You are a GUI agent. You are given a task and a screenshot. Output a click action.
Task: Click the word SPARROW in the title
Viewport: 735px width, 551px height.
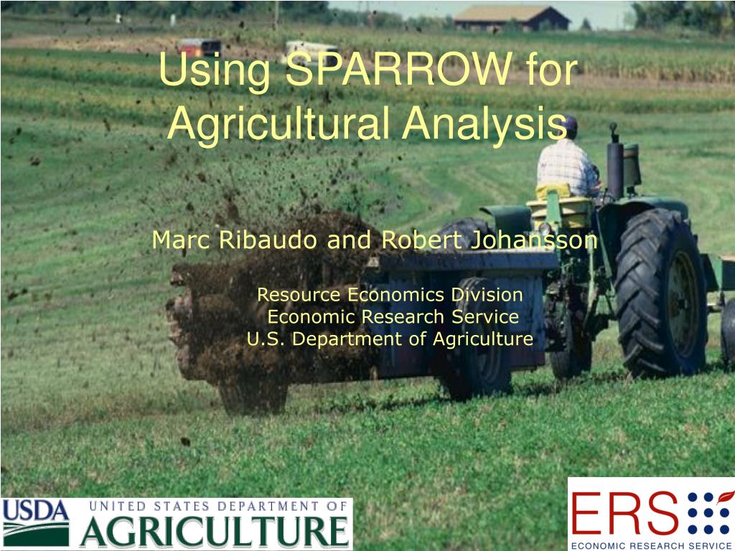(399, 69)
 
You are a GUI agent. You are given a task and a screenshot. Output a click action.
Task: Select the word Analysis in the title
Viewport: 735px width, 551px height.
(484, 123)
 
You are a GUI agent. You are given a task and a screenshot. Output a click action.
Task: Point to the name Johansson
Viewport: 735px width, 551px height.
(533, 240)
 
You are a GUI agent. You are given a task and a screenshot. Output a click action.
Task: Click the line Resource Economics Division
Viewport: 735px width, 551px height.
(390, 295)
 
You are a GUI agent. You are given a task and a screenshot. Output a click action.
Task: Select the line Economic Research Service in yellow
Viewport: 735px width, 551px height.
(393, 316)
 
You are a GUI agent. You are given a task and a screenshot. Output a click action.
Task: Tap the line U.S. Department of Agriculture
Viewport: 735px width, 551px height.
(390, 339)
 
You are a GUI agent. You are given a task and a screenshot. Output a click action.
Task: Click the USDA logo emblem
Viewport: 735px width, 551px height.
(36, 523)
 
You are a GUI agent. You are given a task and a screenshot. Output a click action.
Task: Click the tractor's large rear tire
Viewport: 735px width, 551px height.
(661, 293)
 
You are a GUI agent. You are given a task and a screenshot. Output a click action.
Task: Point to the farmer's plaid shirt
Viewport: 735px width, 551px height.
(567, 166)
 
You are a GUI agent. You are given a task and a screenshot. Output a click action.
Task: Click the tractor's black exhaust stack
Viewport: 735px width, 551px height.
(614, 161)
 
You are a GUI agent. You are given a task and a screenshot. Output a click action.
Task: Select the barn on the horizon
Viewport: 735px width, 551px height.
(512, 19)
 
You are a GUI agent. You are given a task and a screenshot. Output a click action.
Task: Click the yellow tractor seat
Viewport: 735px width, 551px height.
(559, 206)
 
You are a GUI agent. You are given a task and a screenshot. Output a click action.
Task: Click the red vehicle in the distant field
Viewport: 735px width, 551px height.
(200, 47)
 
